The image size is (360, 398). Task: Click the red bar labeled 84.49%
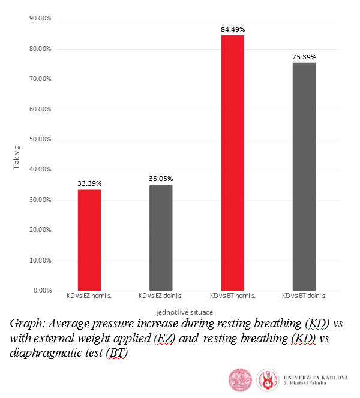[x=232, y=162]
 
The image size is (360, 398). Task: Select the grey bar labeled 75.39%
[x=304, y=177]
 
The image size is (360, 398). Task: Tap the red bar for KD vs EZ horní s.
[x=89, y=240]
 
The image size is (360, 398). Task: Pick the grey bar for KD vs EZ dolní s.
[x=161, y=237]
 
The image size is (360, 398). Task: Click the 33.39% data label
[x=89, y=183]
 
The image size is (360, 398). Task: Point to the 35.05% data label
[x=161, y=179]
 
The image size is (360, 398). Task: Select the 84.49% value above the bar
[x=233, y=29]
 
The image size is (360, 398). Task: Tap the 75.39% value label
[x=304, y=57]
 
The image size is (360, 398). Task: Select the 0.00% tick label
[x=43, y=291]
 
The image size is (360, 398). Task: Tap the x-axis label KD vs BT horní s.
[x=233, y=296]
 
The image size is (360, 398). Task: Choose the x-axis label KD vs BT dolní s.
[x=304, y=296]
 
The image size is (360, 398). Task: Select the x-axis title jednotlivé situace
[x=185, y=312]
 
